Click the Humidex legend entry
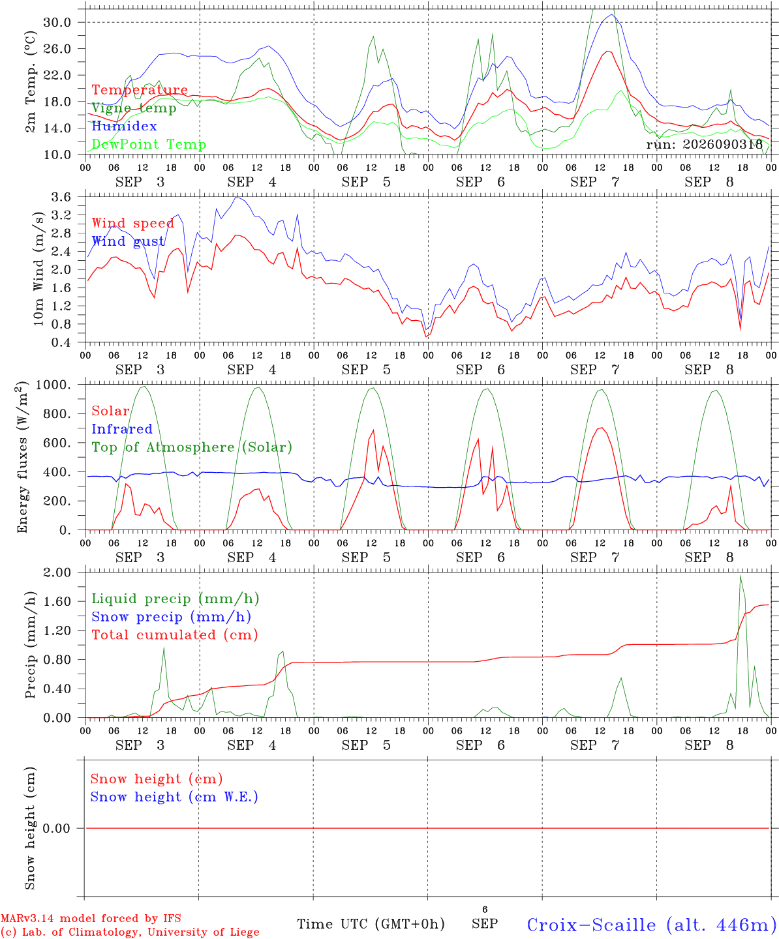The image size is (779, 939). pos(124,126)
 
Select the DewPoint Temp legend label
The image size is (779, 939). pos(149,144)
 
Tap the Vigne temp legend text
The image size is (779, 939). pos(134,108)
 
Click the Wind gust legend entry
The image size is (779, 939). pos(129,241)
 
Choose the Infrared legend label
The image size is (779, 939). pos(122,429)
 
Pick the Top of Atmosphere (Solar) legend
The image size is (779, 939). pos(192,447)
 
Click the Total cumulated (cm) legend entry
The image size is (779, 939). pos(175,635)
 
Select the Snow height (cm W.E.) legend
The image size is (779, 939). pos(174,797)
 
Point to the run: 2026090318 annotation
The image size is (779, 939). pos(704,144)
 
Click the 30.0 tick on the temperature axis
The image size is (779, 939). pos(57,22)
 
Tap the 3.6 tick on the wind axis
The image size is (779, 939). pos(61,197)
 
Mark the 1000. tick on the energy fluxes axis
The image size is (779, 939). pos(53,385)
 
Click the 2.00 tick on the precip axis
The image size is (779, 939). pos(57,573)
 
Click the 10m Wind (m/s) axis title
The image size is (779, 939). pos(38,269)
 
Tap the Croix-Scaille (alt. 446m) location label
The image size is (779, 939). pos(648,925)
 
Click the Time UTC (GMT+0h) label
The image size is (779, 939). pos(371,924)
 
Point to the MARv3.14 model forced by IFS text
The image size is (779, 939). pos(91,918)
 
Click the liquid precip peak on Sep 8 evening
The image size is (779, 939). pos(741,576)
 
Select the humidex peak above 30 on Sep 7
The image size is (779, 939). pos(611,14)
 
